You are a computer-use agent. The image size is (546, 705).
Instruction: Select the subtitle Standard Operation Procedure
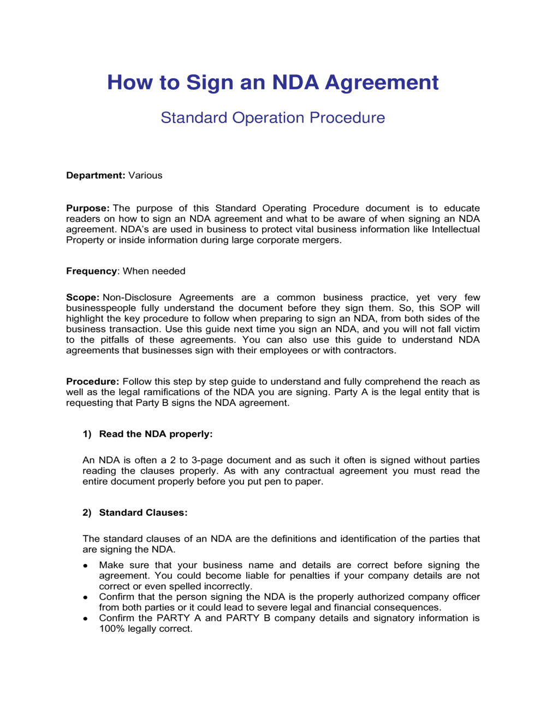point(272,117)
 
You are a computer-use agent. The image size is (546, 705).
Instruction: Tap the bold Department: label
point(96,175)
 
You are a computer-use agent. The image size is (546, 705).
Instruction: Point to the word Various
point(145,175)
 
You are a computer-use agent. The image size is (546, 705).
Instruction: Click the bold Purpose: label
point(87,208)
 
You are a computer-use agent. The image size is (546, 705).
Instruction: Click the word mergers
point(322,240)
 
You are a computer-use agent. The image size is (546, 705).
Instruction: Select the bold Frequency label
point(91,271)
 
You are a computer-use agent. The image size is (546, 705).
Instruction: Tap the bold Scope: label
point(82,297)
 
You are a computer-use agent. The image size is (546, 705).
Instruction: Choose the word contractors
point(369,350)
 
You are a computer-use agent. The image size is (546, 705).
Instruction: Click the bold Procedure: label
point(92,381)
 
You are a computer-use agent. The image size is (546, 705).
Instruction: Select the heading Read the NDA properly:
point(156,434)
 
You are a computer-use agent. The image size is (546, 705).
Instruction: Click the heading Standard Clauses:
point(143,513)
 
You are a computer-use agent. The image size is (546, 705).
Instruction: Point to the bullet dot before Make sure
point(86,566)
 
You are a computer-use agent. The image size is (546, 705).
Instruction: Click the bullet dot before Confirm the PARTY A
point(86,619)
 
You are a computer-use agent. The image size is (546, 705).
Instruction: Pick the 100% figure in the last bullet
point(111,629)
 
